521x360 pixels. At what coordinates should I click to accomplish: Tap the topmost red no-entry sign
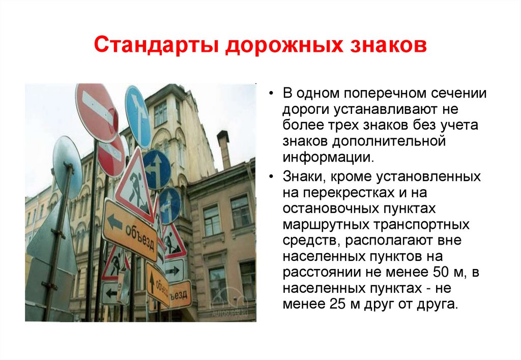click(96, 113)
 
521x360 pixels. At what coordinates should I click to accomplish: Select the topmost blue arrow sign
click(138, 116)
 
